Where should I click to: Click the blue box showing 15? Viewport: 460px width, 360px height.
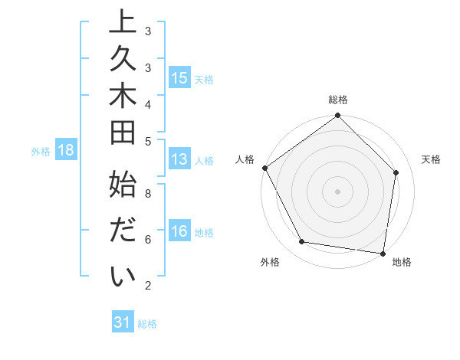click(x=179, y=78)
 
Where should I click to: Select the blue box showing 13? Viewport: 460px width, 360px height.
click(x=179, y=160)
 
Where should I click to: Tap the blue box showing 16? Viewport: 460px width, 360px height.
click(x=179, y=232)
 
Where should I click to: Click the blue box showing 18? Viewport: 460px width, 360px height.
click(x=65, y=151)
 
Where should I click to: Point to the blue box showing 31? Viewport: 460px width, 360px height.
click(x=123, y=323)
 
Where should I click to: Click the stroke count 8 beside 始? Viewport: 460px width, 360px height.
click(x=148, y=194)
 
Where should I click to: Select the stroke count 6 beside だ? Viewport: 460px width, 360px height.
click(x=148, y=240)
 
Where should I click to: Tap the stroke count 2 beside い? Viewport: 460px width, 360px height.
click(x=148, y=286)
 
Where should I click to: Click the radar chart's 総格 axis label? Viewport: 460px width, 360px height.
click(x=337, y=100)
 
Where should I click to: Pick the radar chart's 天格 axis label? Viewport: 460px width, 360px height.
click(x=432, y=159)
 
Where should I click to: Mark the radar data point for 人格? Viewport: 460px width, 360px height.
click(x=264, y=168)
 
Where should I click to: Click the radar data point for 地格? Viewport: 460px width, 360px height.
click(x=383, y=253)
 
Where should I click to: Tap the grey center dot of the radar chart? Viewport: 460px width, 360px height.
click(x=337, y=191)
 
